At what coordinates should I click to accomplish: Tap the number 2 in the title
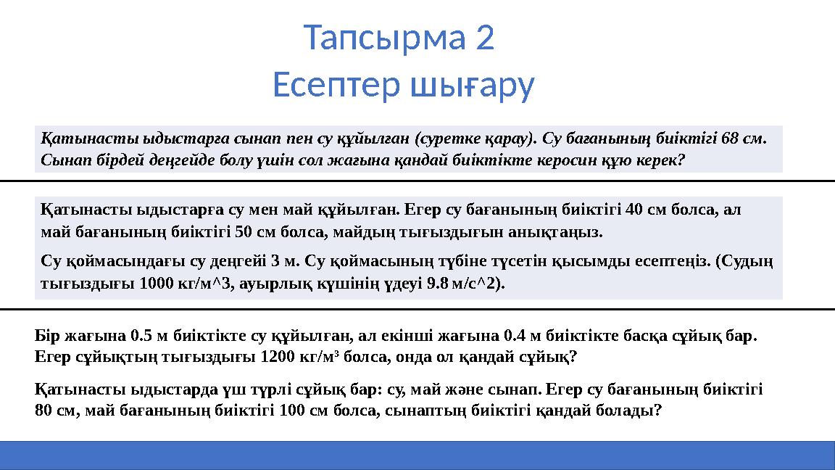[486, 38]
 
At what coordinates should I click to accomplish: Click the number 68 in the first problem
[734, 138]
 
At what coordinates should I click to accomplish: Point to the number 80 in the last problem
[43, 411]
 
